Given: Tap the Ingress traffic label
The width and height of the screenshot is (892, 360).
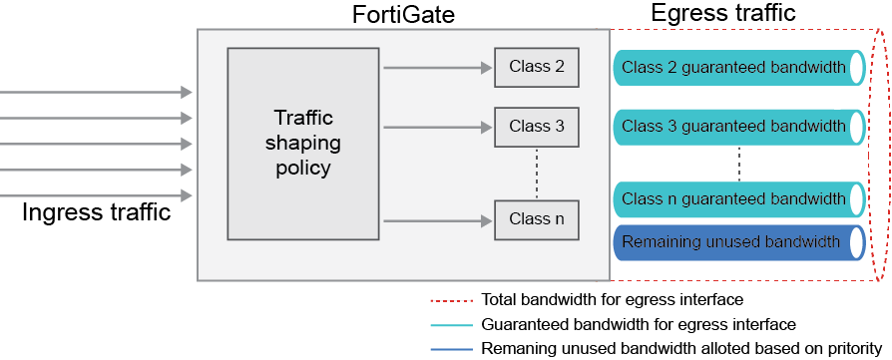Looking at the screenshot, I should tap(97, 212).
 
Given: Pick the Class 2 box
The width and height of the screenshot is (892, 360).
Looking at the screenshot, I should tap(536, 67).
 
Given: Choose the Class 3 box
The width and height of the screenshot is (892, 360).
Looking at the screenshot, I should tap(536, 127).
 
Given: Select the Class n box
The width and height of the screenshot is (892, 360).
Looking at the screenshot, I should tap(536, 219).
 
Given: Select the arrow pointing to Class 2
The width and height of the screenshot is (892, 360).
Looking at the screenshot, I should tap(438, 68).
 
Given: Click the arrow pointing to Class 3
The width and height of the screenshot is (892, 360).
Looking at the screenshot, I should tap(438, 128).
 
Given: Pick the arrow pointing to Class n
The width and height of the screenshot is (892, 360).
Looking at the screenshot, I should tap(438, 220).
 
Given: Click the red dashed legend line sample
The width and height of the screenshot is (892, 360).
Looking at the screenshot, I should tap(450, 299).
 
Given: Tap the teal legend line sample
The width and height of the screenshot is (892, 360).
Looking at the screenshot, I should tap(450, 324).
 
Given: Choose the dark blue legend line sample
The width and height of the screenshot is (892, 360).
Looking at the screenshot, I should tap(450, 349).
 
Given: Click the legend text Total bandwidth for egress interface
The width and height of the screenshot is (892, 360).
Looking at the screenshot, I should tap(612, 299).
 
